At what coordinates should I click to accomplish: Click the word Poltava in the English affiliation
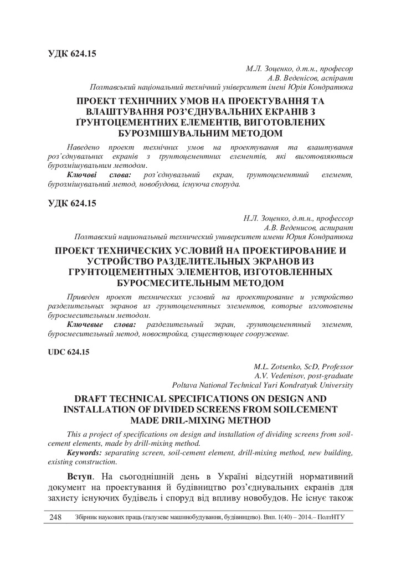pyautogui.click(x=186, y=384)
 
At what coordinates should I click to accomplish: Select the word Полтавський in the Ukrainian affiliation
pyautogui.click(x=114, y=87)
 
